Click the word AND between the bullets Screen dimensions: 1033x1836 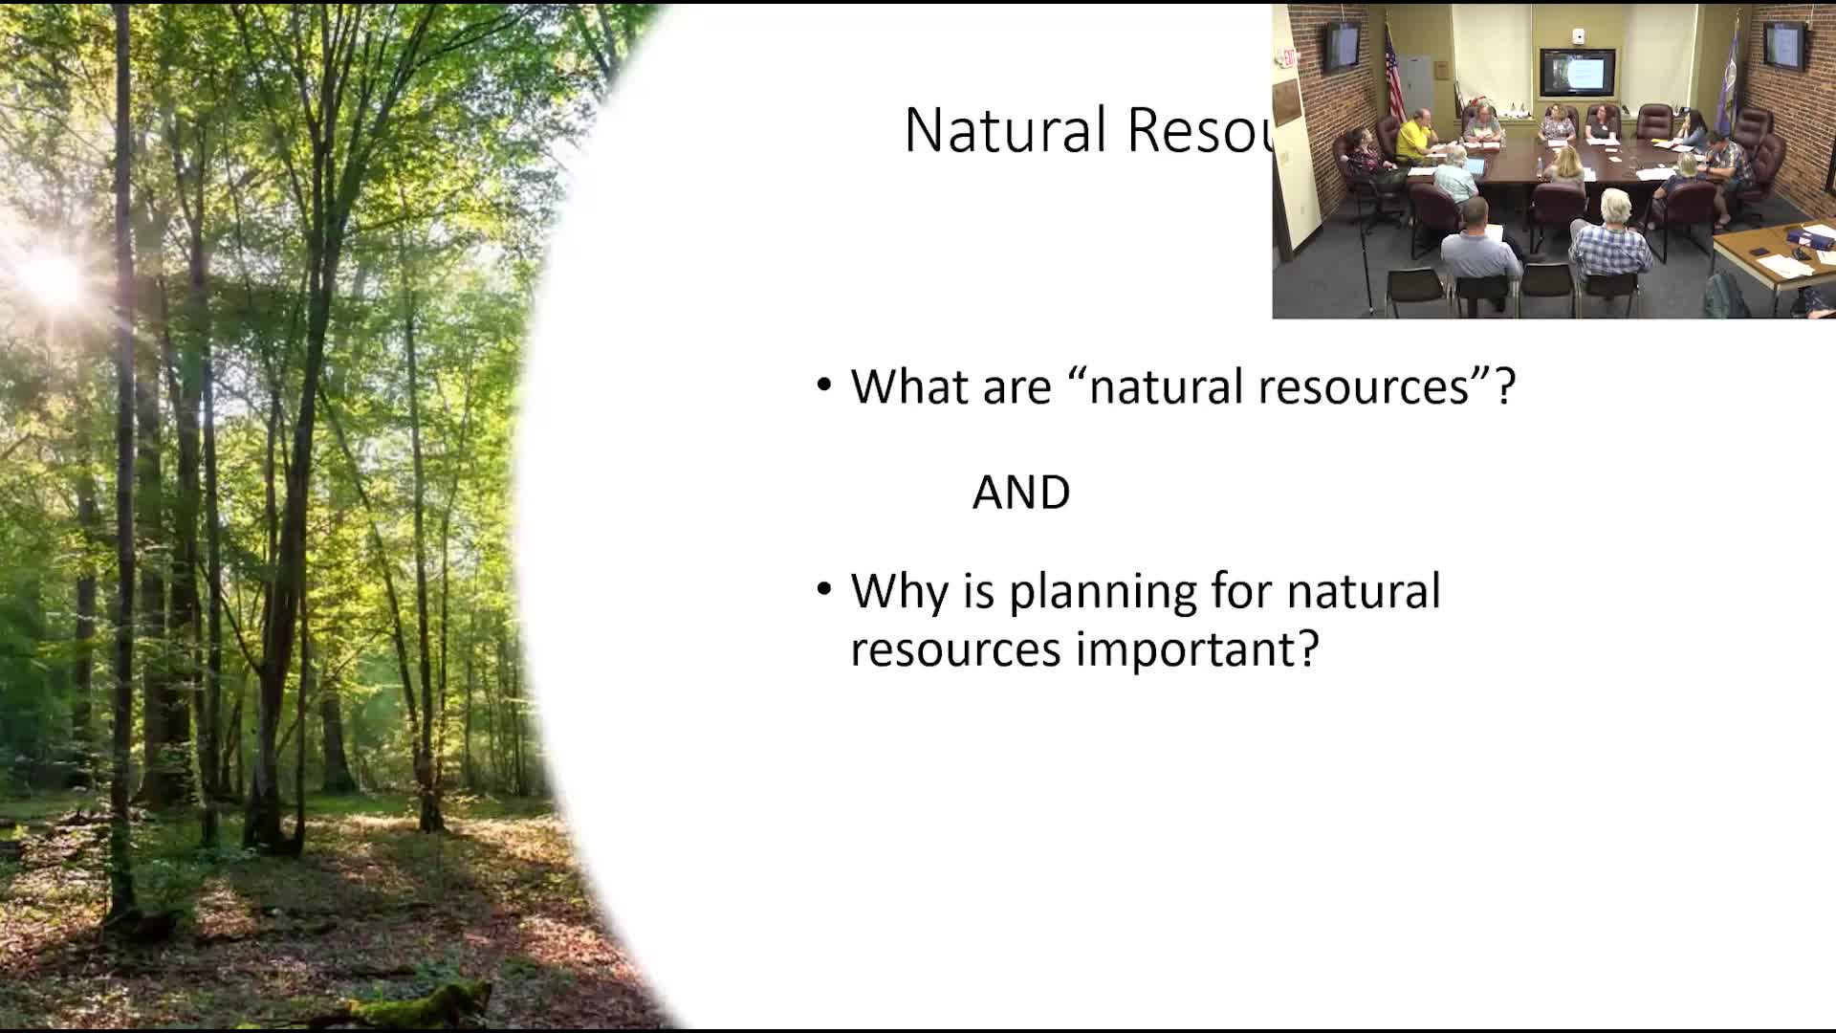pyautogui.click(x=1020, y=493)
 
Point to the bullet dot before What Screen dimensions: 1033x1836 pyautogui.click(x=824, y=385)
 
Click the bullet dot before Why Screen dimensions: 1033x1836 pyautogui.click(x=824, y=589)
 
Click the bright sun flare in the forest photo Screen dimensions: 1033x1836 pyautogui.click(x=53, y=277)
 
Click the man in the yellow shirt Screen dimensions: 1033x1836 pyautogui.click(x=1417, y=139)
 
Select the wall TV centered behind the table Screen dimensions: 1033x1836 pyautogui.click(x=1577, y=73)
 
